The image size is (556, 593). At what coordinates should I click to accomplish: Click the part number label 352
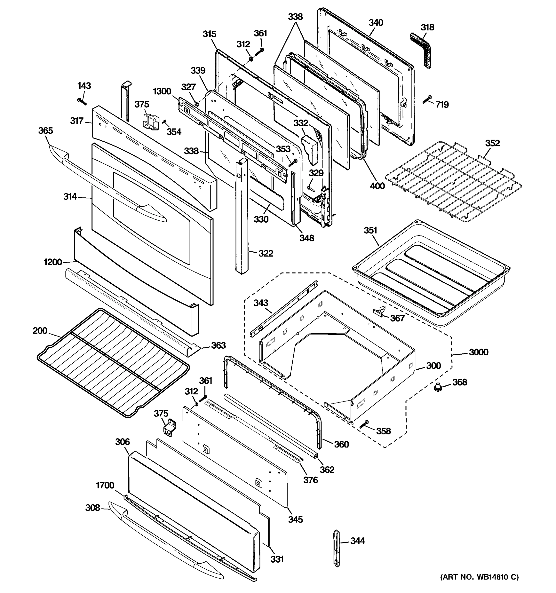point(492,143)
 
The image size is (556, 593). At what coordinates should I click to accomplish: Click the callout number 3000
point(478,352)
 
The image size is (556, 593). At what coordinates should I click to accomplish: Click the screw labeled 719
point(427,100)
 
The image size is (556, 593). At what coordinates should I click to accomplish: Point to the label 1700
point(105,485)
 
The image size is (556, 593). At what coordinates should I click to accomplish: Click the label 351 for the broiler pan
point(370,230)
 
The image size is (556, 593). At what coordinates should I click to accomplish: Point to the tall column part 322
point(242,218)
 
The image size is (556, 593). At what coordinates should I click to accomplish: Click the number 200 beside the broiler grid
point(40,331)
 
